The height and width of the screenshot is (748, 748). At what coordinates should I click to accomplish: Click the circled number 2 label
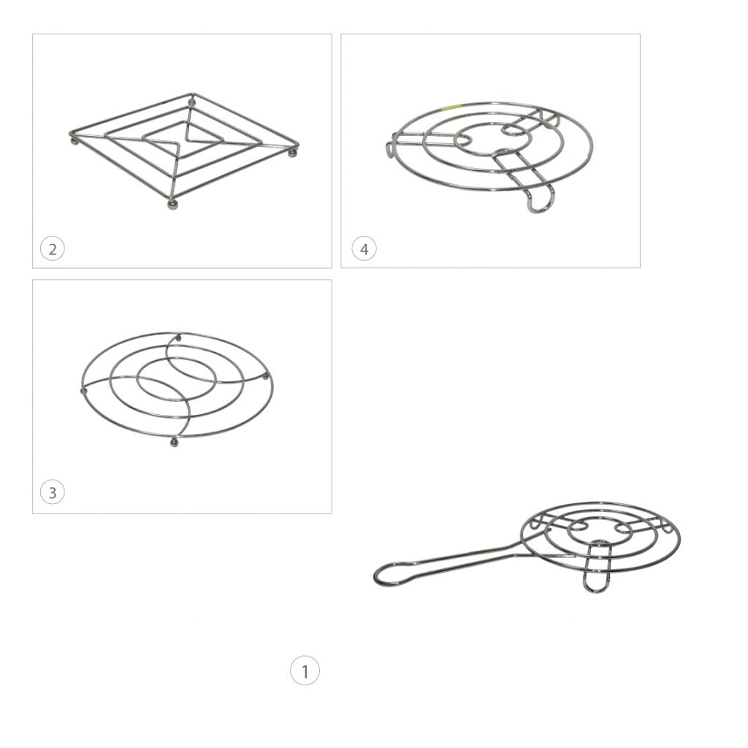[52, 249]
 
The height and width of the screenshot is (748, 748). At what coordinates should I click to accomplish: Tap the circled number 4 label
[364, 249]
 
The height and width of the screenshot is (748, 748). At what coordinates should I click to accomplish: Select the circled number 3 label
[52, 492]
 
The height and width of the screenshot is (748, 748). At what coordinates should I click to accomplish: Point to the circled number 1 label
[305, 671]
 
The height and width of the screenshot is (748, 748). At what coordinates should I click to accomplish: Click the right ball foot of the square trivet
[292, 152]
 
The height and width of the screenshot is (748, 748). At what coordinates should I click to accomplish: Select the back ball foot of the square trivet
[192, 101]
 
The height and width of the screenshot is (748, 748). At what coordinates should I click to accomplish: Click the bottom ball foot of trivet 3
[174, 443]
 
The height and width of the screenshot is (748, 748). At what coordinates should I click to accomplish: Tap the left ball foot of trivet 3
[84, 392]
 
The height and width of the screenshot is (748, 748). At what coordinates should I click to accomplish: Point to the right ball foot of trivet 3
[266, 377]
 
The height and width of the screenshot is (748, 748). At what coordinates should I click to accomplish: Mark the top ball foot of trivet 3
[179, 338]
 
